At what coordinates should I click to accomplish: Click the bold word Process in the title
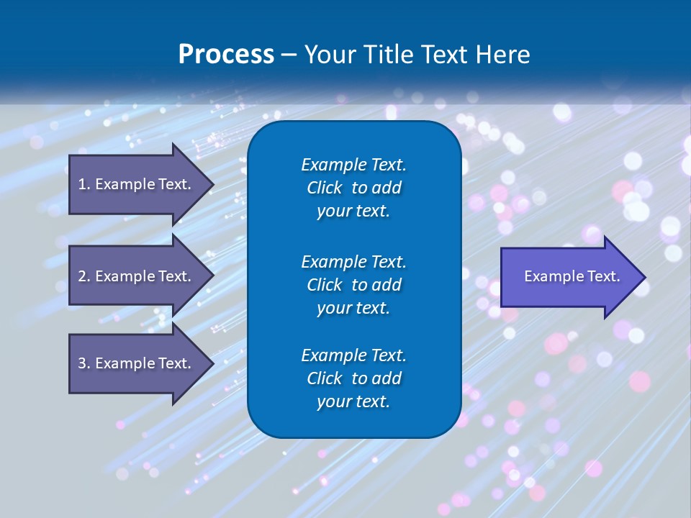coord(226,55)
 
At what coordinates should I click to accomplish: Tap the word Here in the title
coord(502,55)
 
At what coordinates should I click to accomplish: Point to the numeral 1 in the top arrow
coord(81,184)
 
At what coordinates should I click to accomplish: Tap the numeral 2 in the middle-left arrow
coord(82,276)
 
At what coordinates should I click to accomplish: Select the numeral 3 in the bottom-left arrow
coord(82,363)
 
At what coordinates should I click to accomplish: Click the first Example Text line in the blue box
coord(353,165)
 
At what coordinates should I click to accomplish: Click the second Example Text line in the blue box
coord(353,261)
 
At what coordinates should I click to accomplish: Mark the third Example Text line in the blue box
coord(353,355)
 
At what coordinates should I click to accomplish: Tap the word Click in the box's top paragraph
coord(324,188)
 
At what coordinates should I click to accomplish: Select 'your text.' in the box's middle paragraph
coord(353,308)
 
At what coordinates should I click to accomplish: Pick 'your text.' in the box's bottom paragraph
coord(353,402)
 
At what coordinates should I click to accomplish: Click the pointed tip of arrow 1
coord(213,184)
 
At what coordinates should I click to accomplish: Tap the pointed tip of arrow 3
coord(213,363)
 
